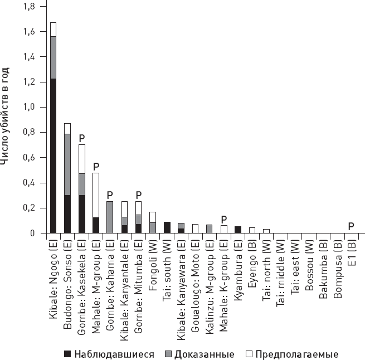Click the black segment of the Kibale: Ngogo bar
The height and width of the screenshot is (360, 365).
53,156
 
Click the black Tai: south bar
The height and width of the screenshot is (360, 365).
167,227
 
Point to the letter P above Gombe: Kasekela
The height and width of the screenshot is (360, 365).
82,137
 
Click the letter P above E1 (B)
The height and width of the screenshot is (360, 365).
351,226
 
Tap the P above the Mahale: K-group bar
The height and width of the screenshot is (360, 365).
223,218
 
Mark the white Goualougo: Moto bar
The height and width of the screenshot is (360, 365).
195,228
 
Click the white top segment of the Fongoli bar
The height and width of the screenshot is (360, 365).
153,217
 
